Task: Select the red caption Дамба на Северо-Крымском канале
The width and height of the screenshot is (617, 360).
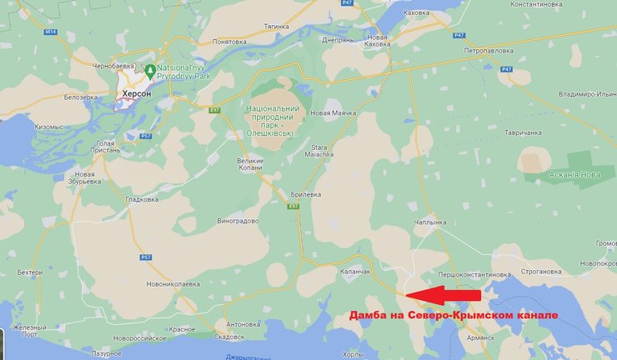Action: click(452, 314)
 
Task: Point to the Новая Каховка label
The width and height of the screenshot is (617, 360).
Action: click(378, 42)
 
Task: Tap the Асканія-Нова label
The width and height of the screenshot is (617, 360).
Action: click(574, 174)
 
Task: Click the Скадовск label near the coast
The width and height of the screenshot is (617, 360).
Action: click(228, 337)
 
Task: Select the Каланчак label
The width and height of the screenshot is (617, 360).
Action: click(355, 272)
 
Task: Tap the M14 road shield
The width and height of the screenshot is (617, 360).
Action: click(52, 32)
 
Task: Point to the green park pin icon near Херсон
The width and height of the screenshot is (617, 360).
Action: click(149, 69)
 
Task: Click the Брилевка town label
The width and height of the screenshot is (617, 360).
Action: click(306, 193)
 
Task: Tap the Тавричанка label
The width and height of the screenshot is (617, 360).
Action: click(523, 132)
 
